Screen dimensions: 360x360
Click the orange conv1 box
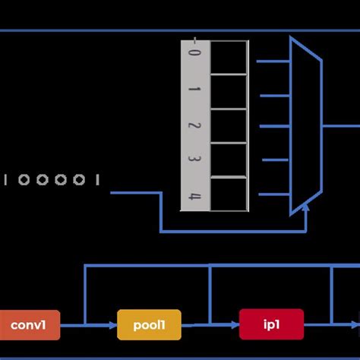pos(29,325)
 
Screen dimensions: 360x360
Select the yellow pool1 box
pos(150,325)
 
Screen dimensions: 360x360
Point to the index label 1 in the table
pos(194,91)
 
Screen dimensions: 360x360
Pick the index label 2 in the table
pos(194,126)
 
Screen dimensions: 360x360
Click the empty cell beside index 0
pos(229,58)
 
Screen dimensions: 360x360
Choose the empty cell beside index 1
pos(229,92)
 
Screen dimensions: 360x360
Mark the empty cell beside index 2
pos(229,126)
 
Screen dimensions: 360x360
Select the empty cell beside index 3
pos(229,160)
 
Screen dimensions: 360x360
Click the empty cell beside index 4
pos(229,194)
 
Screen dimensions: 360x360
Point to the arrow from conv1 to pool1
pos(88,326)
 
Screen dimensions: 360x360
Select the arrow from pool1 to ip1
pos(210,326)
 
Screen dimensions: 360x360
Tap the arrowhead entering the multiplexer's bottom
pos(306,209)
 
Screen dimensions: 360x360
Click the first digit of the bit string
pos(7,180)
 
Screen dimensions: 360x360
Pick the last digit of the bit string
pos(97,180)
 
